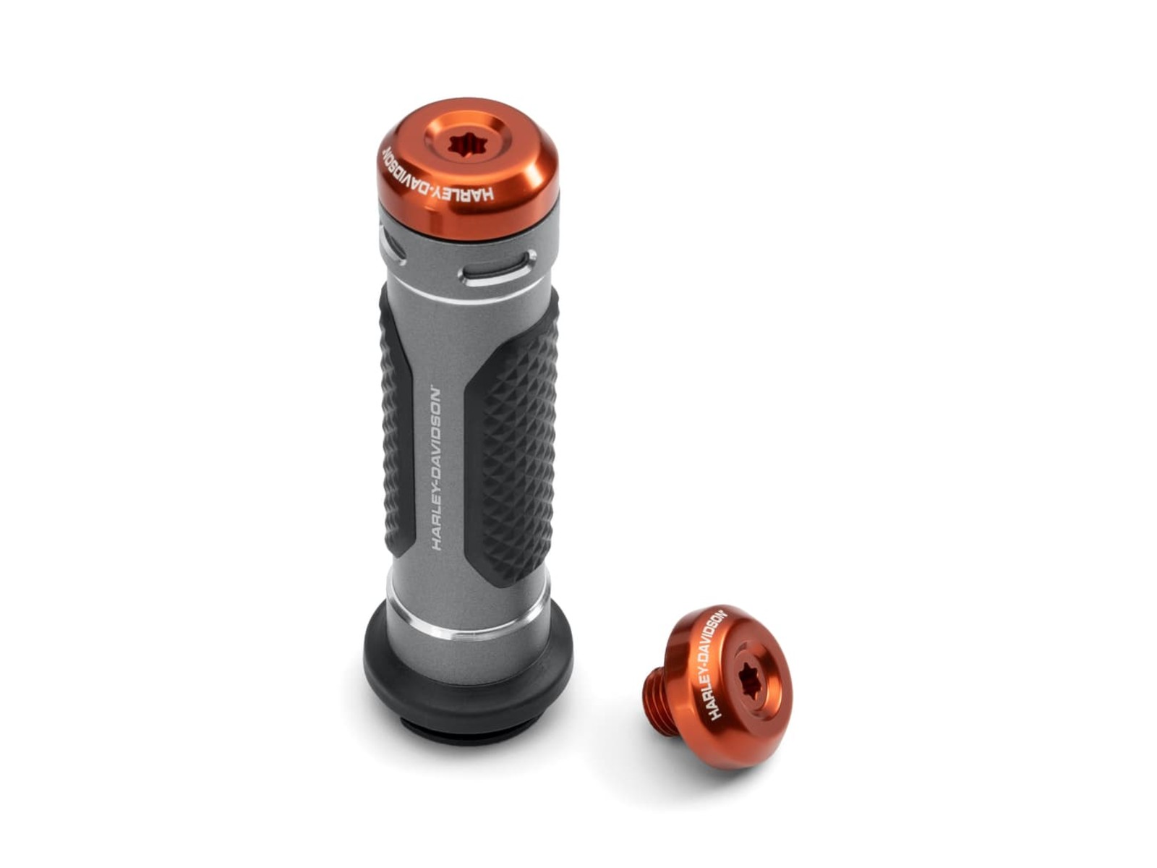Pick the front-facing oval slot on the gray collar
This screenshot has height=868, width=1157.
tap(498, 269)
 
